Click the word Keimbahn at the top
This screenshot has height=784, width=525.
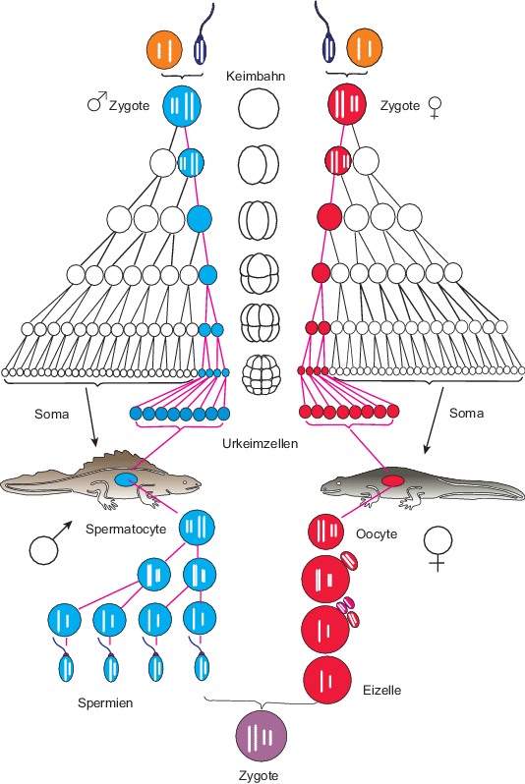[256, 76]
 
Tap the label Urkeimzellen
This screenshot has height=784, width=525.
[260, 443]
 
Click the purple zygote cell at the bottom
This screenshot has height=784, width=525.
[262, 736]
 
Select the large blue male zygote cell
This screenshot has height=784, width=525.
[182, 106]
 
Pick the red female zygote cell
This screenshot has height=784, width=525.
[347, 103]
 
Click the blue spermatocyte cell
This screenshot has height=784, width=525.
[198, 527]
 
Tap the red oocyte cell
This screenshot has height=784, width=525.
[325, 532]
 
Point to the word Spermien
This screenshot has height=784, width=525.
[105, 703]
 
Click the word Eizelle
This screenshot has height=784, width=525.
[381, 690]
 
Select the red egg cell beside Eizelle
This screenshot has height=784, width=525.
[327, 680]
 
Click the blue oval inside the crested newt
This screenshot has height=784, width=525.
[127, 480]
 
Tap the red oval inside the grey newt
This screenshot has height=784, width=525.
[393, 480]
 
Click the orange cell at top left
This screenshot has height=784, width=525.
[164, 49]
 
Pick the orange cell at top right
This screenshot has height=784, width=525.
[365, 48]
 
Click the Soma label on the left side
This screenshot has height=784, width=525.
[51, 414]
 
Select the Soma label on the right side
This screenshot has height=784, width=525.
[466, 413]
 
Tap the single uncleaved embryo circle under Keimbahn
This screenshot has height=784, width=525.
[259, 108]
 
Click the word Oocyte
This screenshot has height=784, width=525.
[377, 534]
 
